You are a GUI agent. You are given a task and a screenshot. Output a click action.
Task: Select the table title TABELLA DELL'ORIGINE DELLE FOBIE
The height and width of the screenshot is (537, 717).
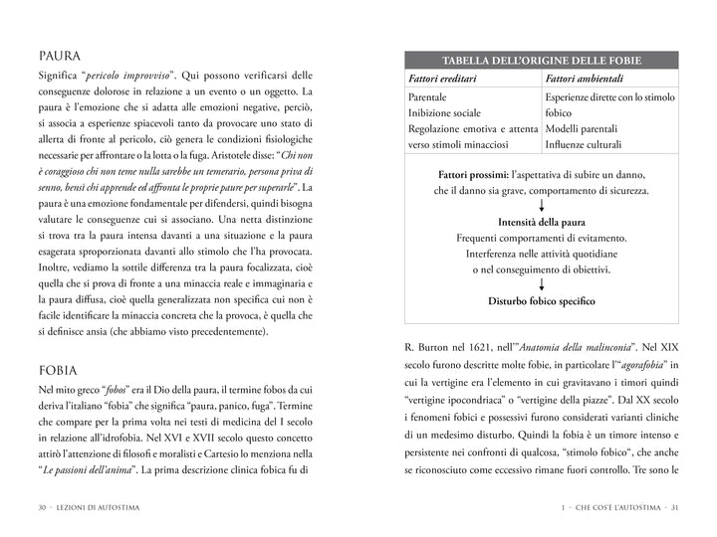click(x=542, y=59)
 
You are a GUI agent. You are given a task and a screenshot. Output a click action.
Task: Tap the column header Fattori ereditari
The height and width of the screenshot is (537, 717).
click(x=444, y=79)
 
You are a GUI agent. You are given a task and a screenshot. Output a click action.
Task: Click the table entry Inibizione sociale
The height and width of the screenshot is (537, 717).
click(x=445, y=113)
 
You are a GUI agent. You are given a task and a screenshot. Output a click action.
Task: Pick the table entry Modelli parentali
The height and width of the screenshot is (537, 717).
click(x=582, y=129)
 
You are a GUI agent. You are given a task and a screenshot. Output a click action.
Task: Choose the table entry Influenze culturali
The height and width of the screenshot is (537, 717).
click(x=584, y=145)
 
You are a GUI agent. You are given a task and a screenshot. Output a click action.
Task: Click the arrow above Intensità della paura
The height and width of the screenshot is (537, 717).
click(x=542, y=206)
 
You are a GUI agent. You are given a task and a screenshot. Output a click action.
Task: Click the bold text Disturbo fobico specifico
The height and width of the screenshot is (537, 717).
click(x=542, y=301)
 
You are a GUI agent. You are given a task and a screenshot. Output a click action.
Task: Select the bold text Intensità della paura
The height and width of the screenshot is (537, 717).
click(x=542, y=222)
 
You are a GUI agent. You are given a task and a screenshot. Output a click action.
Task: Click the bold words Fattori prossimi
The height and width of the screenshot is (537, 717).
click(x=472, y=175)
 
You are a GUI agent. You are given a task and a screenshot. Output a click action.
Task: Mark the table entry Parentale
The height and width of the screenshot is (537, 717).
click(x=428, y=97)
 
